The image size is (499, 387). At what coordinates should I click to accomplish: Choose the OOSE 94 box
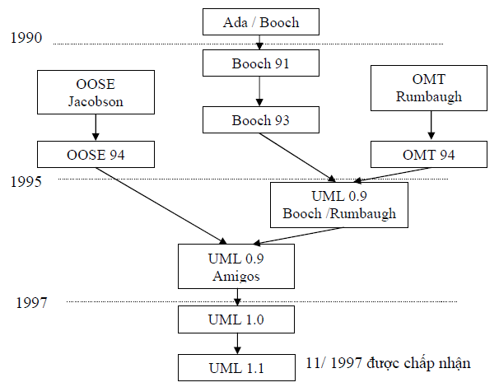click(x=96, y=154)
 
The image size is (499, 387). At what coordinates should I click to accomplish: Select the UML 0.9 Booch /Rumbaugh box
click(x=338, y=204)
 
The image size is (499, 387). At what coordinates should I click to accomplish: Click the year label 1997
click(x=32, y=303)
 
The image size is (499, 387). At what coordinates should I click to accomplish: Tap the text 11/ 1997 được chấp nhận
click(x=399, y=363)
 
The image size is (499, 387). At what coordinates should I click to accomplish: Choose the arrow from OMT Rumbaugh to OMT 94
click(x=430, y=125)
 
